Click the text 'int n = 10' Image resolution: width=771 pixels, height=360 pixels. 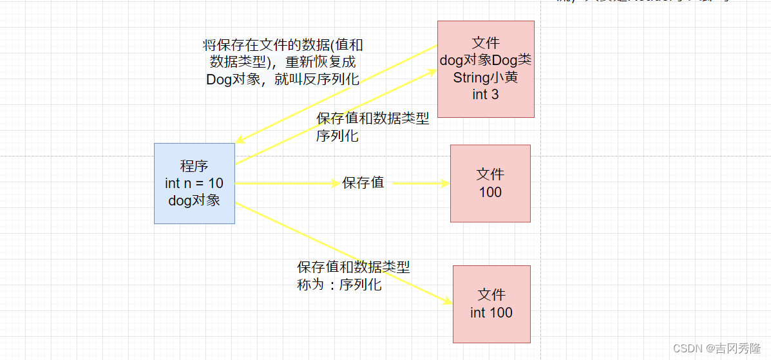point(194,184)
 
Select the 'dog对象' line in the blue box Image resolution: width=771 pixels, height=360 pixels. point(194,200)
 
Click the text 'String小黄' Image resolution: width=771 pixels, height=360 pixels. point(486,77)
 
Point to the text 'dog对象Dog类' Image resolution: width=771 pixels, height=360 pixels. point(486,61)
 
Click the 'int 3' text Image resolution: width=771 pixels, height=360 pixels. point(486,95)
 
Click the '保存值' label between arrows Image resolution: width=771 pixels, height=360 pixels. point(363,183)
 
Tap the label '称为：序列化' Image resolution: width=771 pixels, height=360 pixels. point(339,285)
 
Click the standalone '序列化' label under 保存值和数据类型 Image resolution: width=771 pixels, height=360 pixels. point(338,137)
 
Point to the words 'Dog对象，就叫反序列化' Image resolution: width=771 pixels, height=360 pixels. point(283,80)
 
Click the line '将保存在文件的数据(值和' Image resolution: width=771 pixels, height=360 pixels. point(283,45)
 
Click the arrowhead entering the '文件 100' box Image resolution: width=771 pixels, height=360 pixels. point(446,184)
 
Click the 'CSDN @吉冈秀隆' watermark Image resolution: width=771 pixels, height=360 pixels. point(719,348)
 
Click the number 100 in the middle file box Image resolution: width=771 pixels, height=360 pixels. point(490,192)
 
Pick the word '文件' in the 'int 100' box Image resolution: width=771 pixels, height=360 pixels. point(491,295)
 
